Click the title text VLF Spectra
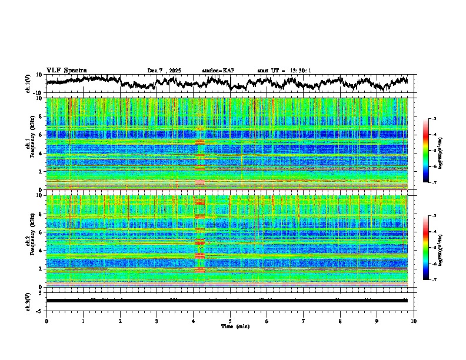click(66, 70)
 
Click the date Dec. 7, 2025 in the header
click(164, 71)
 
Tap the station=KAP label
click(218, 71)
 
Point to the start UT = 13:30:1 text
click(284, 71)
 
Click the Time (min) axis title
click(230, 326)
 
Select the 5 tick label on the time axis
click(230, 321)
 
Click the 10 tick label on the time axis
click(414, 321)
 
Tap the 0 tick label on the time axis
click(46, 321)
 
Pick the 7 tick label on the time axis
click(304, 321)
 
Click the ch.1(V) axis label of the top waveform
click(28, 84)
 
